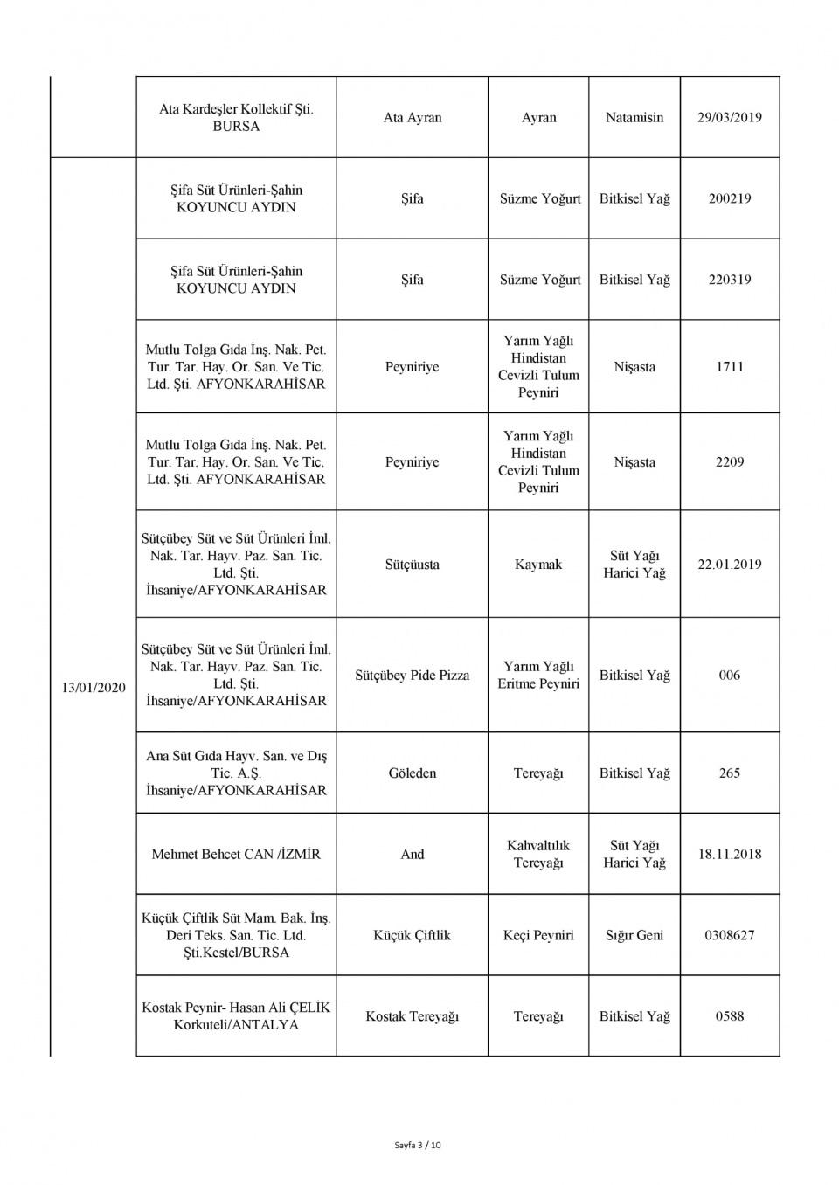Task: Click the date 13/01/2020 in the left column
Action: tap(94, 688)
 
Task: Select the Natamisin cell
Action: tap(634, 118)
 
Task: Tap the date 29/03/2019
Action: tap(730, 118)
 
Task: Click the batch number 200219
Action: tap(730, 199)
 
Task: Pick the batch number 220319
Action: tap(730, 281)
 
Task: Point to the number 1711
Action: tap(730, 367)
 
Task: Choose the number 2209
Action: tap(730, 462)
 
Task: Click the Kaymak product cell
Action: tap(538, 565)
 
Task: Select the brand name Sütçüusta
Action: tap(413, 565)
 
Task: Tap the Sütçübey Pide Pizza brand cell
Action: tap(413, 676)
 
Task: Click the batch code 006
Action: tap(730, 676)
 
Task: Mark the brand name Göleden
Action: tap(413, 773)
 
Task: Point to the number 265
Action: tap(730, 773)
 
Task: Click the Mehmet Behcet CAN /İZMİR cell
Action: tap(236, 855)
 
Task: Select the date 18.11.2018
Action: tap(730, 855)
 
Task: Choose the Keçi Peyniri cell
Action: tap(538, 936)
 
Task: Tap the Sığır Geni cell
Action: tap(634, 936)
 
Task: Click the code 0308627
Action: tap(730, 936)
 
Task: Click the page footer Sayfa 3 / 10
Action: tap(418, 1145)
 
